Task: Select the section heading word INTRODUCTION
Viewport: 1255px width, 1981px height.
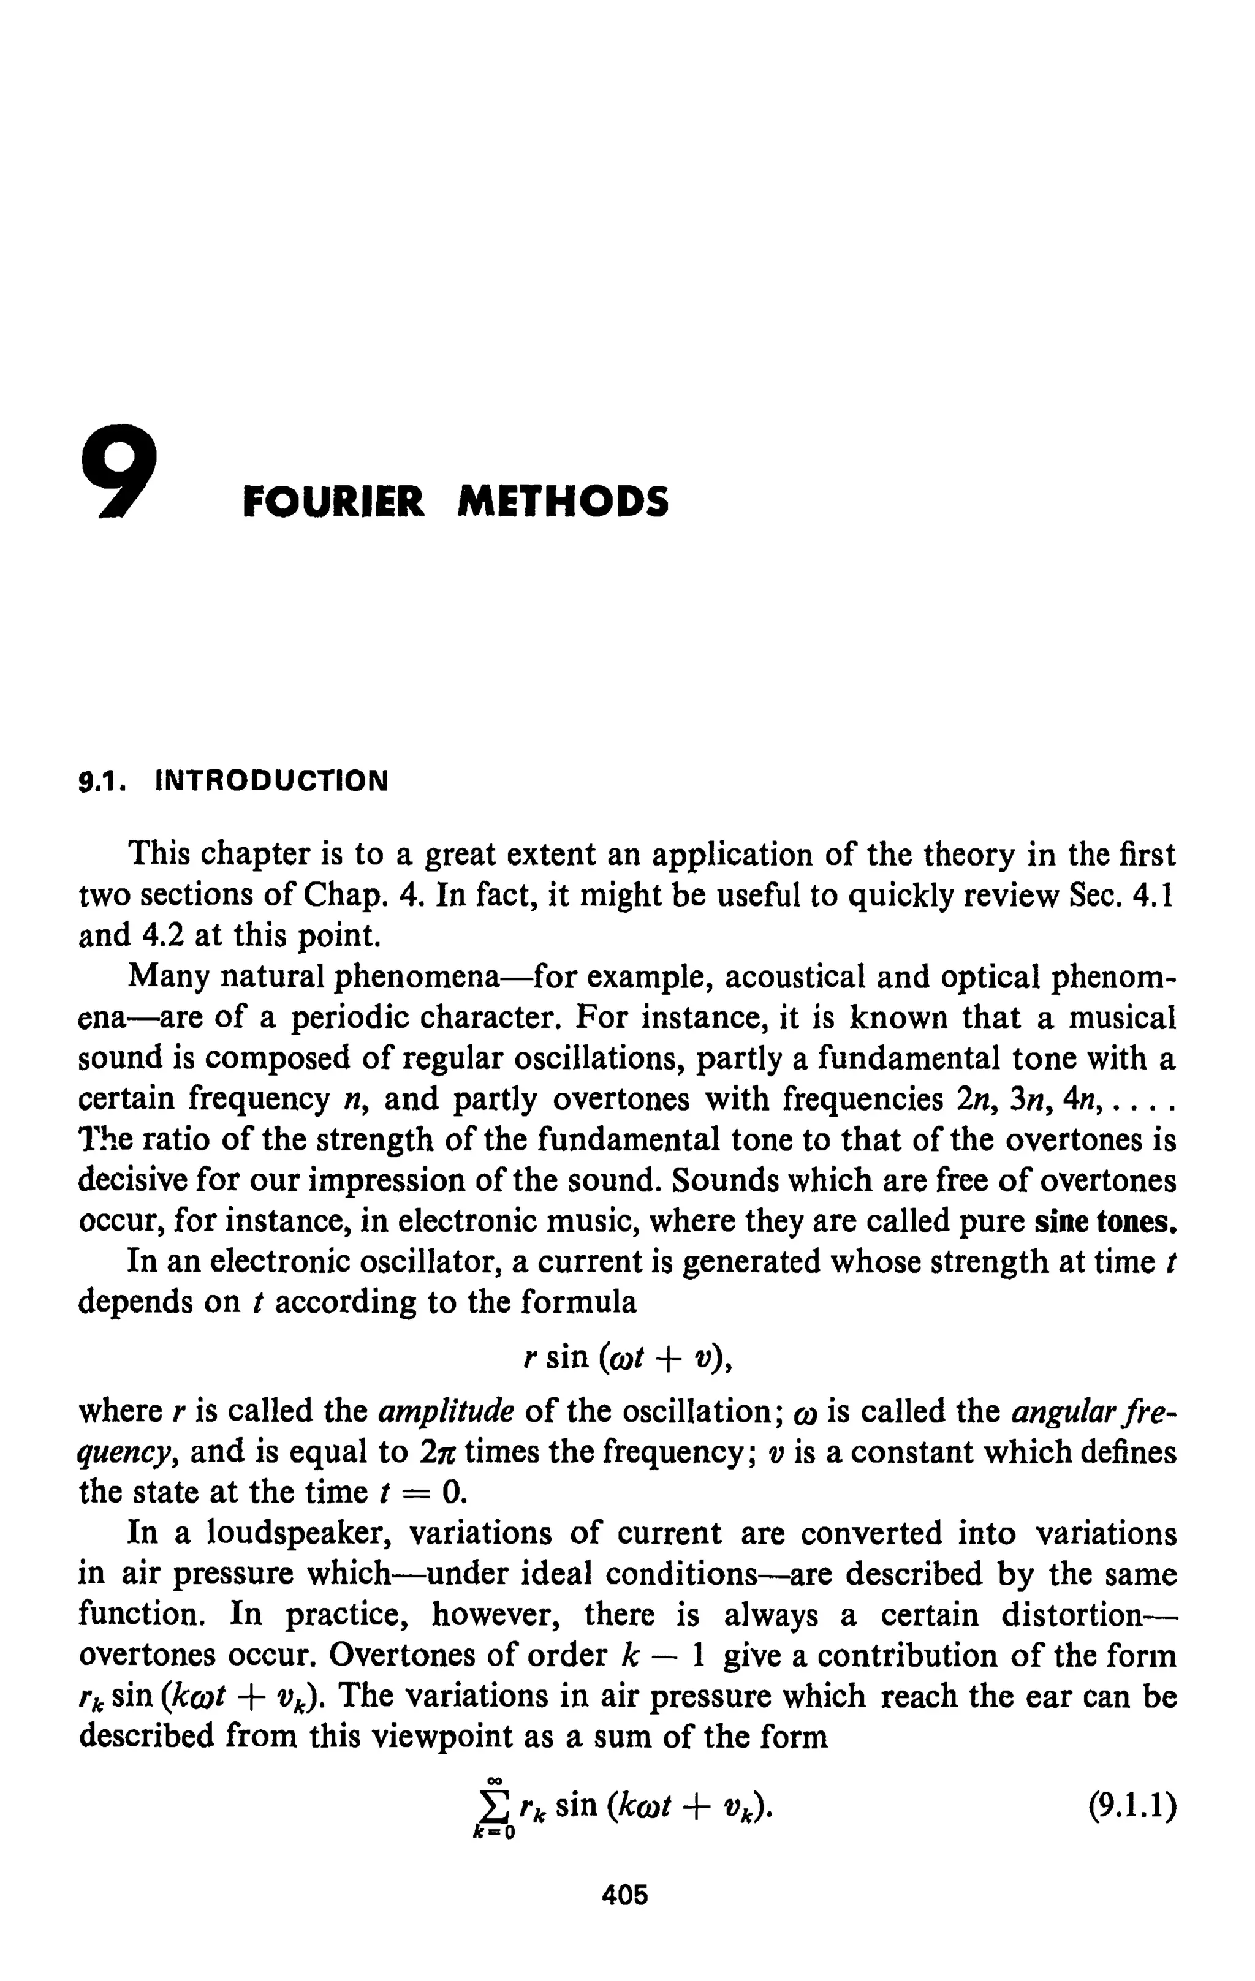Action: point(271,779)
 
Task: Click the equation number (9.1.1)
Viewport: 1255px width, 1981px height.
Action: point(1132,1808)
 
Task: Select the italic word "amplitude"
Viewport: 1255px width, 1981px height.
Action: point(446,1411)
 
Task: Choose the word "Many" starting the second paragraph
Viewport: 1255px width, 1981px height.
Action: point(168,976)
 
